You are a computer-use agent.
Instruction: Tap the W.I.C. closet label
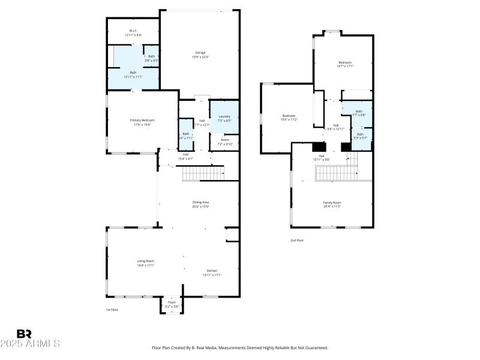click(133, 31)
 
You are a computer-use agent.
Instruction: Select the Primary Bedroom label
click(142, 120)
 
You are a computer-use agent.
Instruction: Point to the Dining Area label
click(200, 202)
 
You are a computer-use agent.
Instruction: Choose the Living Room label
click(146, 260)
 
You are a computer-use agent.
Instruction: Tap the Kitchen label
click(212, 271)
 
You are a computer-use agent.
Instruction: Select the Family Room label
click(332, 203)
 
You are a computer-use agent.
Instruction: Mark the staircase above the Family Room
click(337, 173)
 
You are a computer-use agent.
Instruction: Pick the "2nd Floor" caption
click(297, 241)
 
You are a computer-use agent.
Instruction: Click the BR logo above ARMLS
click(25, 334)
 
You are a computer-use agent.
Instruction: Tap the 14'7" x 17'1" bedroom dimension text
click(345, 66)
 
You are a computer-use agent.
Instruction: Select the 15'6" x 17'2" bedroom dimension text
click(289, 119)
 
